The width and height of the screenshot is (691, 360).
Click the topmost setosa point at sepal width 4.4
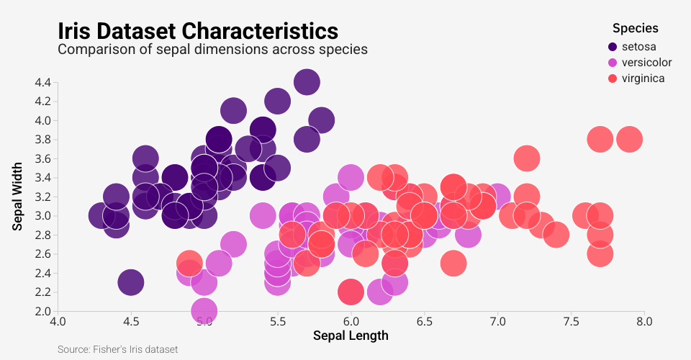tap(307, 82)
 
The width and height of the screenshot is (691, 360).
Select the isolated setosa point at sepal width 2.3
tap(130, 282)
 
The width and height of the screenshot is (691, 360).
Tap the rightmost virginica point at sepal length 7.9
tap(629, 139)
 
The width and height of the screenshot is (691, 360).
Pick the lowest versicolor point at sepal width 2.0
tap(204, 311)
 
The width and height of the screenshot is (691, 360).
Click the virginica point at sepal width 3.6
tap(527, 158)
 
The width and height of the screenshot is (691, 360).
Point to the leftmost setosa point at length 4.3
tap(101, 215)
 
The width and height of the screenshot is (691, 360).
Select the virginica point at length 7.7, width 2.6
tap(600, 253)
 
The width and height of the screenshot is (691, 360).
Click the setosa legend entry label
tap(638, 47)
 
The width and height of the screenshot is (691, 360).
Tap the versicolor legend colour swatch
tap(613, 63)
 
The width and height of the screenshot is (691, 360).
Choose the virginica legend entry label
tap(643, 78)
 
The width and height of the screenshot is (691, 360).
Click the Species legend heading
tap(635, 29)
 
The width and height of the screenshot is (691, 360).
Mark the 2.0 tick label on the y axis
tap(42, 311)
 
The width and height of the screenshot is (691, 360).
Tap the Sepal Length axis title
tap(351, 336)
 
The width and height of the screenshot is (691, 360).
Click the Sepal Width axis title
tap(19, 197)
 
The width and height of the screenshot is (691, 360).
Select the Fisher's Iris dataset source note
tap(117, 349)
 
